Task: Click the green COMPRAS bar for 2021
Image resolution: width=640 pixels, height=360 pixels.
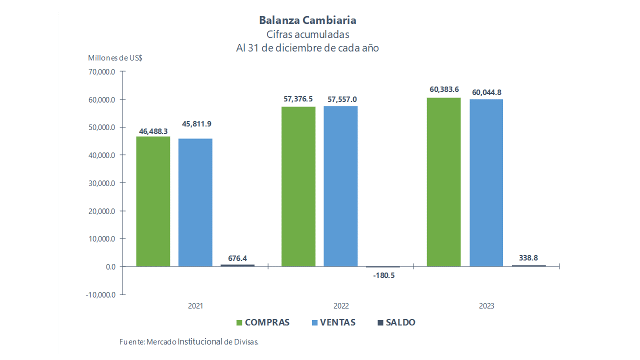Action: [x=153, y=201]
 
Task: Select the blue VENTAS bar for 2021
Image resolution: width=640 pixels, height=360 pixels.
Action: [x=195, y=202]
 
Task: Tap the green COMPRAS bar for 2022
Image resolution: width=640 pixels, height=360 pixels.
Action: [x=298, y=186]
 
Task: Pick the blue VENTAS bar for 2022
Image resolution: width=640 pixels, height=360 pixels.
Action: [x=340, y=186]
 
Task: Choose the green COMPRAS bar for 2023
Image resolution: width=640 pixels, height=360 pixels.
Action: [x=443, y=181]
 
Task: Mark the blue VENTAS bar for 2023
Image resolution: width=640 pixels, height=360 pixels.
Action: [x=486, y=182]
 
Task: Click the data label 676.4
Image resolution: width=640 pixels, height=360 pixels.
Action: [x=237, y=258]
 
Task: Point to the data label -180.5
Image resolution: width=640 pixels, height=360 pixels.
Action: [x=383, y=275]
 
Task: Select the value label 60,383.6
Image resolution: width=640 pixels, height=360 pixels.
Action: [x=444, y=89]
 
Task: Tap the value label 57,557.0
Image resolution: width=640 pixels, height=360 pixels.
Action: [x=342, y=99]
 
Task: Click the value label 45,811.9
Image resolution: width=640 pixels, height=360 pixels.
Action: [x=196, y=123]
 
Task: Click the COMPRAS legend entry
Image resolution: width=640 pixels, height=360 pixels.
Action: [x=262, y=322]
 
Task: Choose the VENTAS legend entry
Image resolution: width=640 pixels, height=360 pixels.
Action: [x=333, y=322]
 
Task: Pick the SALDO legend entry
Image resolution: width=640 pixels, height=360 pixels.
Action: [x=396, y=322]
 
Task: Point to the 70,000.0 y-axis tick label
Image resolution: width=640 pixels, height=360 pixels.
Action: [x=101, y=71]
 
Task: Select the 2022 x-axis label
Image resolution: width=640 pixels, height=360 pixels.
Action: [x=341, y=306]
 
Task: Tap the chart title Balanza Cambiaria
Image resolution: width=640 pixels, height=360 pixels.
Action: [x=307, y=20]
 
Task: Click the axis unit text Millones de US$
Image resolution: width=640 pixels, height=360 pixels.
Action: [x=115, y=57]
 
